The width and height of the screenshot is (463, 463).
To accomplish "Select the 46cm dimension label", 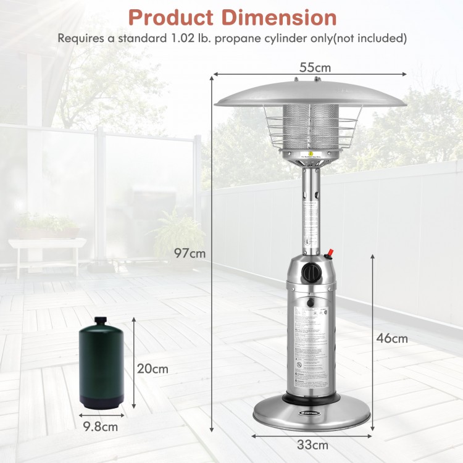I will click(393, 338).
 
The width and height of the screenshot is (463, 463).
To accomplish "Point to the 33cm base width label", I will click(312, 445).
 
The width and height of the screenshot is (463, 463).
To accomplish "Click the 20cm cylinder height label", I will click(152, 369).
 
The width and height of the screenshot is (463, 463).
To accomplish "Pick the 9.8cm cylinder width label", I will click(100, 425).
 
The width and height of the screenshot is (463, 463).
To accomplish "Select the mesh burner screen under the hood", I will click(311, 127).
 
